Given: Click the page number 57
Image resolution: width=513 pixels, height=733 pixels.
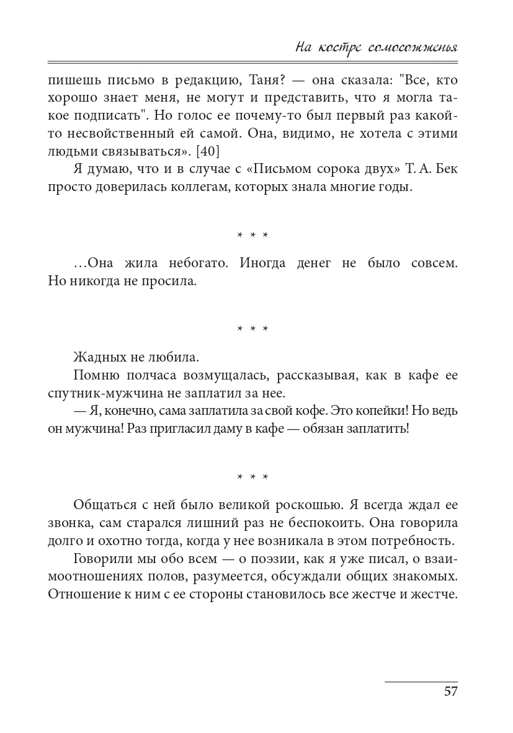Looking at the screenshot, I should pos(450,691).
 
